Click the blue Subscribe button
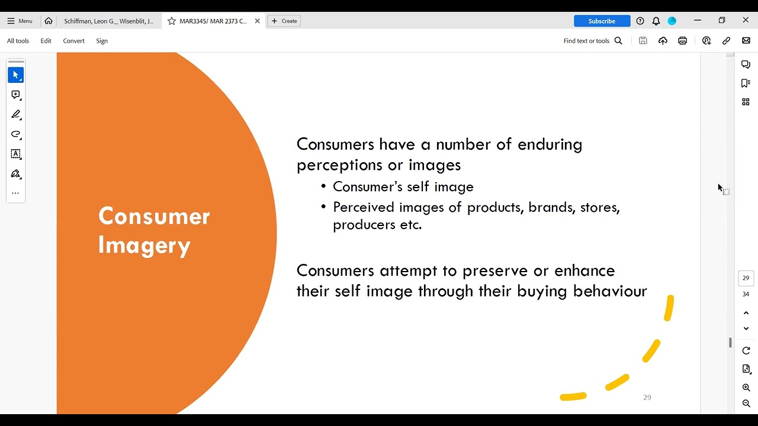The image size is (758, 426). coord(602,21)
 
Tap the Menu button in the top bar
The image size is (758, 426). coord(20,21)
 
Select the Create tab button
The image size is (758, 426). coord(284,21)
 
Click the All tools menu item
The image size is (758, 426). coord(18,41)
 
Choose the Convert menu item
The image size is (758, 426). coord(73,41)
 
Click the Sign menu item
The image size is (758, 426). coord(102,41)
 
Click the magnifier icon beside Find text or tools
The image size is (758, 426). coord(618,41)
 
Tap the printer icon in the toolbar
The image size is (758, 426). coord(682,41)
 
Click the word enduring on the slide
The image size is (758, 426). coord(550,144)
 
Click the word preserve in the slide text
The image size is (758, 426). coord(494,271)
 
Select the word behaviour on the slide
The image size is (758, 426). coord(610,291)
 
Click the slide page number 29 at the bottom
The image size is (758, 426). coord(647,398)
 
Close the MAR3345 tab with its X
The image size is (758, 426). coord(257,21)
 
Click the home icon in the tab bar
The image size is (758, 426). coord(49,21)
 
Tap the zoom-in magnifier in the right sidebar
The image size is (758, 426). coord(746,388)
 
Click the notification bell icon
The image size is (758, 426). coord(656,21)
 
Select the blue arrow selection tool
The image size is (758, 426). coord(16,75)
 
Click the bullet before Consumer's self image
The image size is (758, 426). coord(323,187)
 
